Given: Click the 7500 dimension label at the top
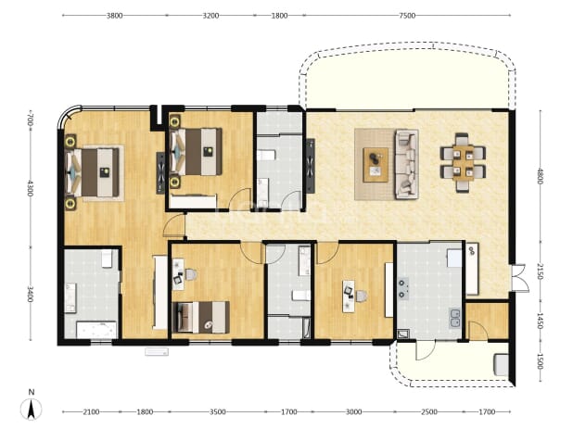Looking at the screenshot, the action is point(407,16).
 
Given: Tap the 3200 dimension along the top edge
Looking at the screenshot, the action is point(210,16).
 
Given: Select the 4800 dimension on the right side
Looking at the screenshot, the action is point(541,176).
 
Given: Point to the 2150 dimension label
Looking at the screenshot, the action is point(541,271).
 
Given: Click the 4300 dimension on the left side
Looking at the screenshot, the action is point(30,188).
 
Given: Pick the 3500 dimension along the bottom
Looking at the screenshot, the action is point(218,411).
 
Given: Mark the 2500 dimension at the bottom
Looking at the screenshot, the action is point(429,411).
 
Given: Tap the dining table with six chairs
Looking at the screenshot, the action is point(463,162).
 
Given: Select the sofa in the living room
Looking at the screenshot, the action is point(406,164).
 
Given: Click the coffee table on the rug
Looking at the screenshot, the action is point(376,165).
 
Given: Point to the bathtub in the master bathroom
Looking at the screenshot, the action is point(96,330).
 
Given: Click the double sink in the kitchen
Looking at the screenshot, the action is point(455,318).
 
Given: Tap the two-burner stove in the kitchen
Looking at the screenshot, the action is point(403,288).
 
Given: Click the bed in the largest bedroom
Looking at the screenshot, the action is point(93,172).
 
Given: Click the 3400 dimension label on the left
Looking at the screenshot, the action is point(30,295).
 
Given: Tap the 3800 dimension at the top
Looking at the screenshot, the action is point(114,16).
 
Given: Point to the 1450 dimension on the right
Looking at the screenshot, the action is point(541,321).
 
